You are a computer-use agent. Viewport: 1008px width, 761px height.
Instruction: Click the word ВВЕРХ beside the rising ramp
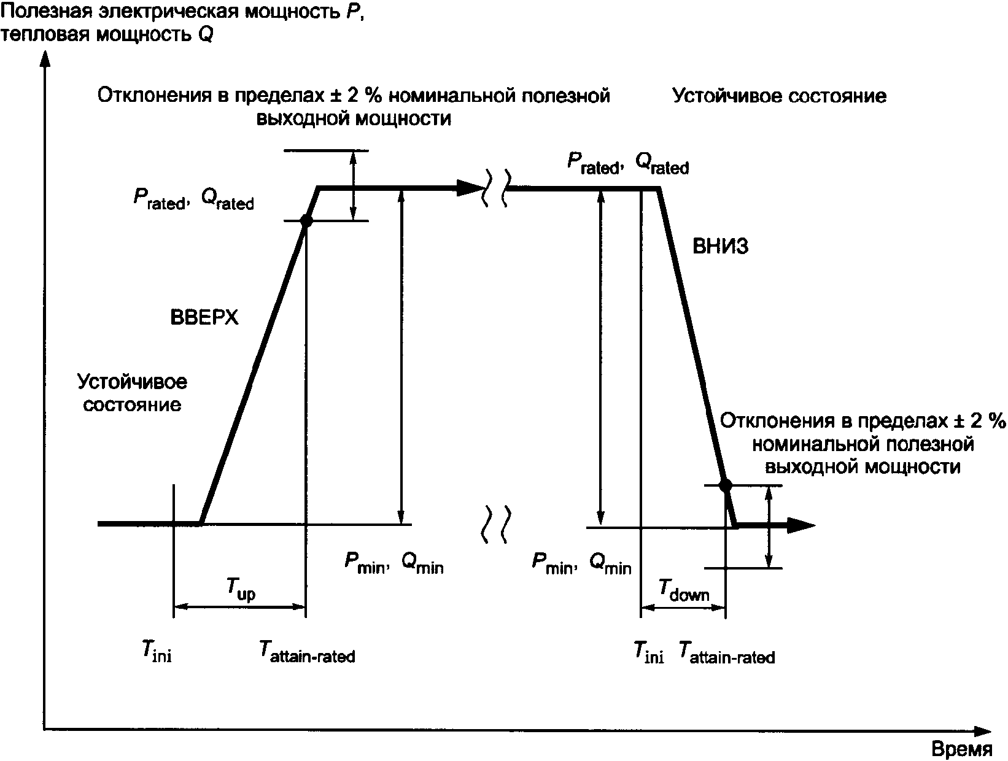[x=204, y=318]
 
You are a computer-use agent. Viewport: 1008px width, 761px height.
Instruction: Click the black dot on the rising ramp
[x=306, y=222]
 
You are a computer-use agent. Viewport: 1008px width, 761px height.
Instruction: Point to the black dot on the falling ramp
[x=725, y=485]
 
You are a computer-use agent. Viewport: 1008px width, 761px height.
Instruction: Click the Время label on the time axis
[x=962, y=749]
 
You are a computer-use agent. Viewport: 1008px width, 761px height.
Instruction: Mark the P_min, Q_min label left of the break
[x=394, y=563]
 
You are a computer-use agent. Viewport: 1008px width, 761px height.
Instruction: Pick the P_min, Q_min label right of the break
[x=581, y=563]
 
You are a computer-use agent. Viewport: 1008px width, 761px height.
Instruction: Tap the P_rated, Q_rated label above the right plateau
[x=627, y=163]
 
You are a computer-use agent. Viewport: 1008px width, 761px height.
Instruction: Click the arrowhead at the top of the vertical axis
[x=44, y=58]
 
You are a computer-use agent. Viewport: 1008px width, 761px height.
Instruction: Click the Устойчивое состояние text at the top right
[x=779, y=97]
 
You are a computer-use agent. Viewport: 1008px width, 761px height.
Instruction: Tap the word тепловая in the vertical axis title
[x=47, y=35]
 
